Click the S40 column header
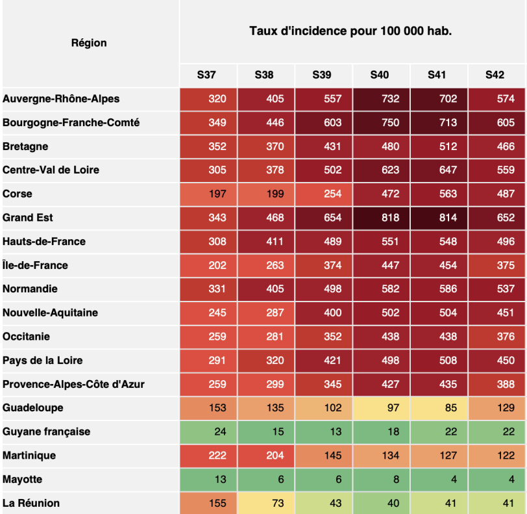[x=380, y=75]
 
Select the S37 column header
[x=207, y=75]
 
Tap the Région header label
[x=89, y=43]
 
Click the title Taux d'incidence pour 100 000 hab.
[x=350, y=31]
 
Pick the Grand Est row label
[x=29, y=218]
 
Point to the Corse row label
[x=18, y=194]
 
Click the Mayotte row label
[x=23, y=480]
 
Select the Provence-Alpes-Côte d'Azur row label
[x=73, y=384]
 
